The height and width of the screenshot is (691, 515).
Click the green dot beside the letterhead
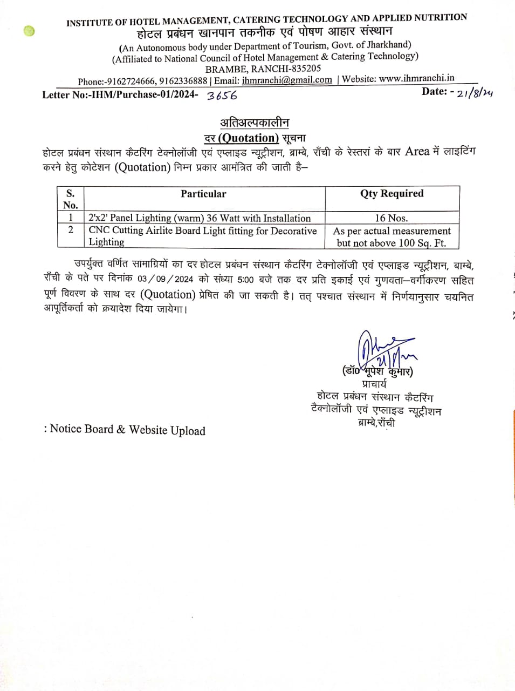pos(29,31)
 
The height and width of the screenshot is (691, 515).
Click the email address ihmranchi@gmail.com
pos(287,80)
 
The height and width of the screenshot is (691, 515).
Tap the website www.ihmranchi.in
pos(416,78)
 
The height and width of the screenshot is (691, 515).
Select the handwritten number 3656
pos(222,96)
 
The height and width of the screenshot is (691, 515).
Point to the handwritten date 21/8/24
pos(474,93)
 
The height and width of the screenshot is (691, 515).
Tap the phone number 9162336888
pos(183,81)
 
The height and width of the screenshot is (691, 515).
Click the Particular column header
pos(203,194)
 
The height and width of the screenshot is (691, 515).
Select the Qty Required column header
pos(392,193)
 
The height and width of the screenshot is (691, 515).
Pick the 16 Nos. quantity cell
pos(391,218)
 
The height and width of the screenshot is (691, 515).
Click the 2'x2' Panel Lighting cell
pos(200,218)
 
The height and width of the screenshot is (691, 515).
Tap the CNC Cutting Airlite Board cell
pos(202,236)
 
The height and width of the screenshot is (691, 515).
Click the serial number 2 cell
pos(71,230)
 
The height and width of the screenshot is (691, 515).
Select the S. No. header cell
pos(71,199)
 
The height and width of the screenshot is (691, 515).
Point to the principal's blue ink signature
pos(384,350)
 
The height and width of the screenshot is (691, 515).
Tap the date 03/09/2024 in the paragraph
pos(165,280)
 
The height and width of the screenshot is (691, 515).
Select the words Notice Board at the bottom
pos(81,429)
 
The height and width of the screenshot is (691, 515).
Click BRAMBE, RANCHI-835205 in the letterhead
pos(263,69)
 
